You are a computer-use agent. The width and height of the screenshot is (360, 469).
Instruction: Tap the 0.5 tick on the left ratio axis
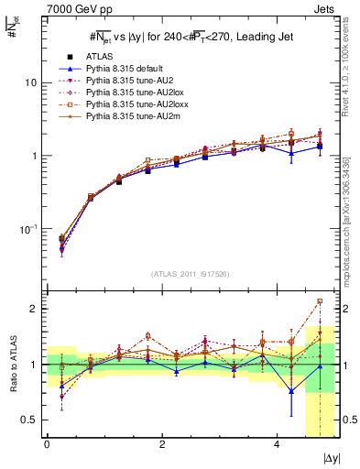[x=27, y=420]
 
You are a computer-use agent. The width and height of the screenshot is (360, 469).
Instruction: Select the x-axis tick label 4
[x=278, y=443]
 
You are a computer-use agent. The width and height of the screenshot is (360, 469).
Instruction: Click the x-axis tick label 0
[x=47, y=443]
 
